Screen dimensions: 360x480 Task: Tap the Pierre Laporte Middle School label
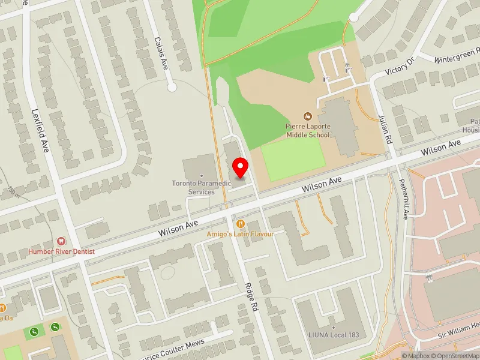tap(307, 131)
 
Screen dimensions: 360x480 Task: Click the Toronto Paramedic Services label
tap(193, 188)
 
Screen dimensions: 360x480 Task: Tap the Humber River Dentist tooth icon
tap(60, 241)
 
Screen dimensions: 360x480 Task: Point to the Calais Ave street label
tap(161, 53)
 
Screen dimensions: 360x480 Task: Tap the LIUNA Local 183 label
tap(332, 335)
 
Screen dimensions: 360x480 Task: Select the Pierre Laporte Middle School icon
tap(308, 116)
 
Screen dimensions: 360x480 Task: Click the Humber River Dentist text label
tap(61, 251)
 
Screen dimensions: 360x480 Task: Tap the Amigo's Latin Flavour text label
tap(241, 233)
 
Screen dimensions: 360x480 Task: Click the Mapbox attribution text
tap(416, 356)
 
